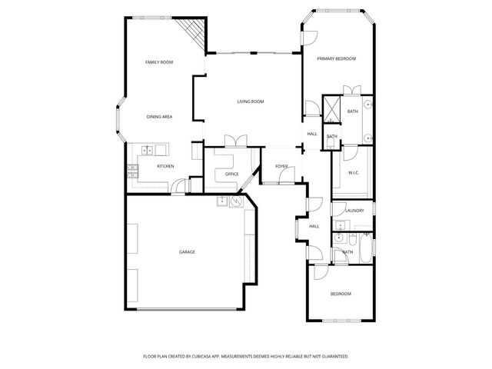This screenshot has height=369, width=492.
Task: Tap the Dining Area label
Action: [x=159, y=116]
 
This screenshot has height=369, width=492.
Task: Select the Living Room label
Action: [x=250, y=101]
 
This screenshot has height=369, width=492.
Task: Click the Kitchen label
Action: [x=165, y=166]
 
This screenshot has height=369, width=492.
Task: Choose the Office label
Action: [x=232, y=174]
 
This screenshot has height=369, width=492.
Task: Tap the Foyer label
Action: [x=281, y=165]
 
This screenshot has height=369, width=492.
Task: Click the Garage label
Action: [x=187, y=251]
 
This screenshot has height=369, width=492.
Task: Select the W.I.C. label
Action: [x=354, y=172]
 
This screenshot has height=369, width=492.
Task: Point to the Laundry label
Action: [x=354, y=210]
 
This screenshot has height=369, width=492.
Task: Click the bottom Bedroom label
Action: [x=341, y=294]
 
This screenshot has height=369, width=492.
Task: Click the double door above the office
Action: [x=234, y=141]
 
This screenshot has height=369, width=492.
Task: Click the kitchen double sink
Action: [x=148, y=149]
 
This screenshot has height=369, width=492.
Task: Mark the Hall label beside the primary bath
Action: [x=312, y=134]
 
